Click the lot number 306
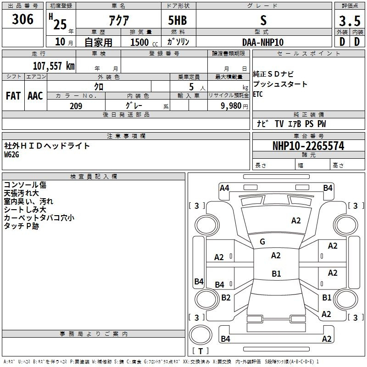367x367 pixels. (22, 19)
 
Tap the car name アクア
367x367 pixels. (119, 20)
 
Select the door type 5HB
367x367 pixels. (178, 20)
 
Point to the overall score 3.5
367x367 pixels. (350, 21)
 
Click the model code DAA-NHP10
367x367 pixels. (263, 42)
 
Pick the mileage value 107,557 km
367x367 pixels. (54, 66)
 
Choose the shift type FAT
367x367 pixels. (13, 96)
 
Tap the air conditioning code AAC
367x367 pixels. (35, 96)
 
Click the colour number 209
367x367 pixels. (76, 106)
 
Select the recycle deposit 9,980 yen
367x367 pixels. (234, 106)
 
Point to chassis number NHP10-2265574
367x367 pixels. (308, 146)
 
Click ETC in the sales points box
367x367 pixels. (258, 94)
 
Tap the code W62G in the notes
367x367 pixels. (11, 155)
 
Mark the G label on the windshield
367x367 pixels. (262, 242)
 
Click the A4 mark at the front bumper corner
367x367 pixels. (224, 188)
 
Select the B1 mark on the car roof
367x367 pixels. (276, 273)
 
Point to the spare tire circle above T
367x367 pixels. (200, 334)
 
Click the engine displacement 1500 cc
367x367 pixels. (144, 42)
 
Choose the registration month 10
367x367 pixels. (60, 42)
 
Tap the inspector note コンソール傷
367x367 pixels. (25, 185)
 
